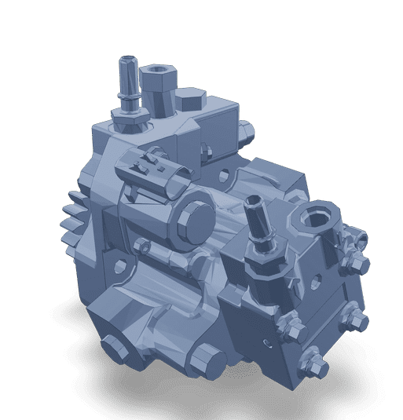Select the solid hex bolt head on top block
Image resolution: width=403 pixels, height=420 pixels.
coord(189,100)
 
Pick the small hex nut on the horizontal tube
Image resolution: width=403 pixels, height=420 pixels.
coord(141,250)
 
